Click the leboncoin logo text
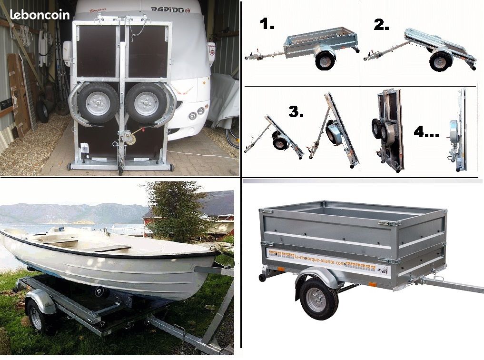(x=40, y=15)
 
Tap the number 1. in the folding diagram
(x=267, y=24)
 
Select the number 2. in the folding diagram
(x=382, y=25)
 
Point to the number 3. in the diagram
(x=296, y=112)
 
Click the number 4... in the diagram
(x=425, y=131)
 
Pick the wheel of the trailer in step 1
(x=325, y=60)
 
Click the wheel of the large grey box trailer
(x=319, y=299)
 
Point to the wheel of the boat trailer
(x=36, y=315)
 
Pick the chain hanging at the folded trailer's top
(x=137, y=30)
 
